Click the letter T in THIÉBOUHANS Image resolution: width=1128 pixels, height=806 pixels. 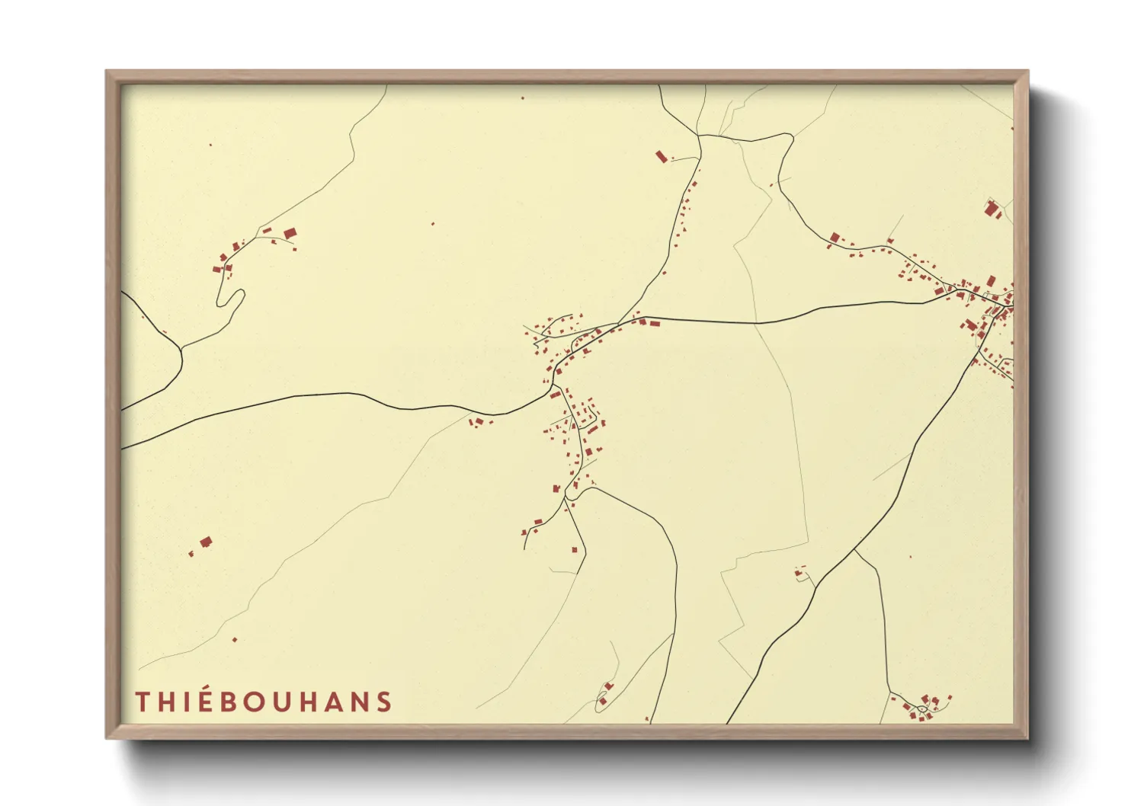click(142, 702)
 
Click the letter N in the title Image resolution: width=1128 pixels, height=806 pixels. click(360, 702)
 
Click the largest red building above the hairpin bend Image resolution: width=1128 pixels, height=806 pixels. click(290, 233)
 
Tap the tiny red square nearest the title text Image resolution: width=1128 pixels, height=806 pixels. click(234, 639)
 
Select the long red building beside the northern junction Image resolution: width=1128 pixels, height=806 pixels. click(661, 156)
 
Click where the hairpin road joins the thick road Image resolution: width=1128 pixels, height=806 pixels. click(182, 348)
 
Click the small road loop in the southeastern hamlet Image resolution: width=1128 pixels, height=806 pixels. click(921, 710)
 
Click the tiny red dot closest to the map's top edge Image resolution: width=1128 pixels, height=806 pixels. click(522, 98)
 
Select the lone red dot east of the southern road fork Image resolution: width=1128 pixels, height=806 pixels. click(910, 557)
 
